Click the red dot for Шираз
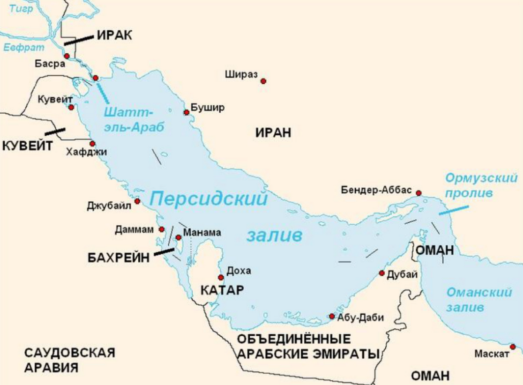(x=263, y=81)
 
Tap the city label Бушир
(x=208, y=108)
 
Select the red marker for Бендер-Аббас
(x=419, y=192)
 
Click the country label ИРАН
(x=273, y=133)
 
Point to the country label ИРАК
(x=114, y=36)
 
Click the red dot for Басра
(x=67, y=56)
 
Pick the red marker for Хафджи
(x=92, y=143)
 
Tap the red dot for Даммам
(x=162, y=229)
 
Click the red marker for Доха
(x=221, y=277)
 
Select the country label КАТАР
(x=222, y=290)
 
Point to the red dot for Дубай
(x=382, y=273)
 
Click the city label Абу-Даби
(x=360, y=317)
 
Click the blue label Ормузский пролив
(x=481, y=185)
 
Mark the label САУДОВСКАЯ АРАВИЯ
(x=69, y=360)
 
